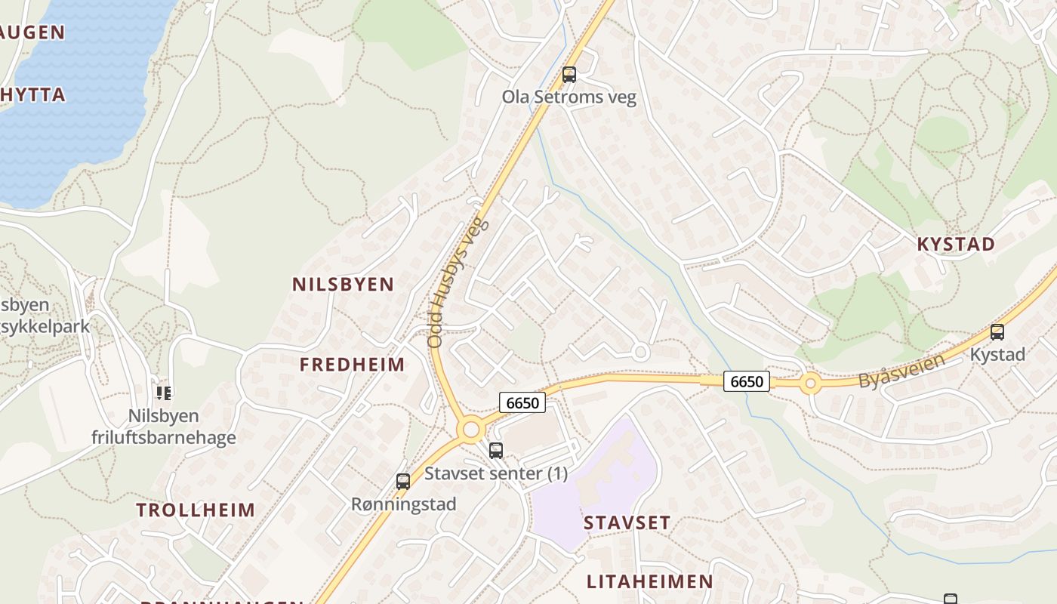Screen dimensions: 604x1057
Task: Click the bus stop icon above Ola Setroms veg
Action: (569, 75)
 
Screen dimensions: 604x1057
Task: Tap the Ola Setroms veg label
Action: (569, 97)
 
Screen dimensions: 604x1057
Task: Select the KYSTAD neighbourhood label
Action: (956, 244)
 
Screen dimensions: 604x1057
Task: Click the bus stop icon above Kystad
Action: (997, 332)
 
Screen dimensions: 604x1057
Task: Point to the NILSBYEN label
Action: (343, 285)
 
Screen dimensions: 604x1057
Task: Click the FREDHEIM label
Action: (352, 365)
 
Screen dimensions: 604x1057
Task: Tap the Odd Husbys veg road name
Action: (458, 283)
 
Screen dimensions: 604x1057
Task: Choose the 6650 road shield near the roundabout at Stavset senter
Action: (522, 402)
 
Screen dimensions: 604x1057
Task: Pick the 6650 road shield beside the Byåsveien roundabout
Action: (747, 381)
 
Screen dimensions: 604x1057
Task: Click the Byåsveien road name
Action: (901, 371)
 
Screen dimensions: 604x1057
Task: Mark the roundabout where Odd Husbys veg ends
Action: (472, 430)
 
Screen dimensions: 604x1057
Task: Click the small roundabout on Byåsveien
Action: (811, 384)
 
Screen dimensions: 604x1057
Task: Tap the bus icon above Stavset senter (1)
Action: (496, 451)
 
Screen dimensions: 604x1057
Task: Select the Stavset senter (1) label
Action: (496, 473)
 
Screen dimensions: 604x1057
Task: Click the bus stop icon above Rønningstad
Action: (403, 482)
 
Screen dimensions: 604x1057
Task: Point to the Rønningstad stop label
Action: (403, 504)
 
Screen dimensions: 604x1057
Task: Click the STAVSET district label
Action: (627, 522)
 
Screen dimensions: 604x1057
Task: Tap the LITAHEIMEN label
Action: (649, 581)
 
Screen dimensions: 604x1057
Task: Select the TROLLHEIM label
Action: (196, 510)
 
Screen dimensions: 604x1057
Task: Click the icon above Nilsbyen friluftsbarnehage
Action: (163, 393)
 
